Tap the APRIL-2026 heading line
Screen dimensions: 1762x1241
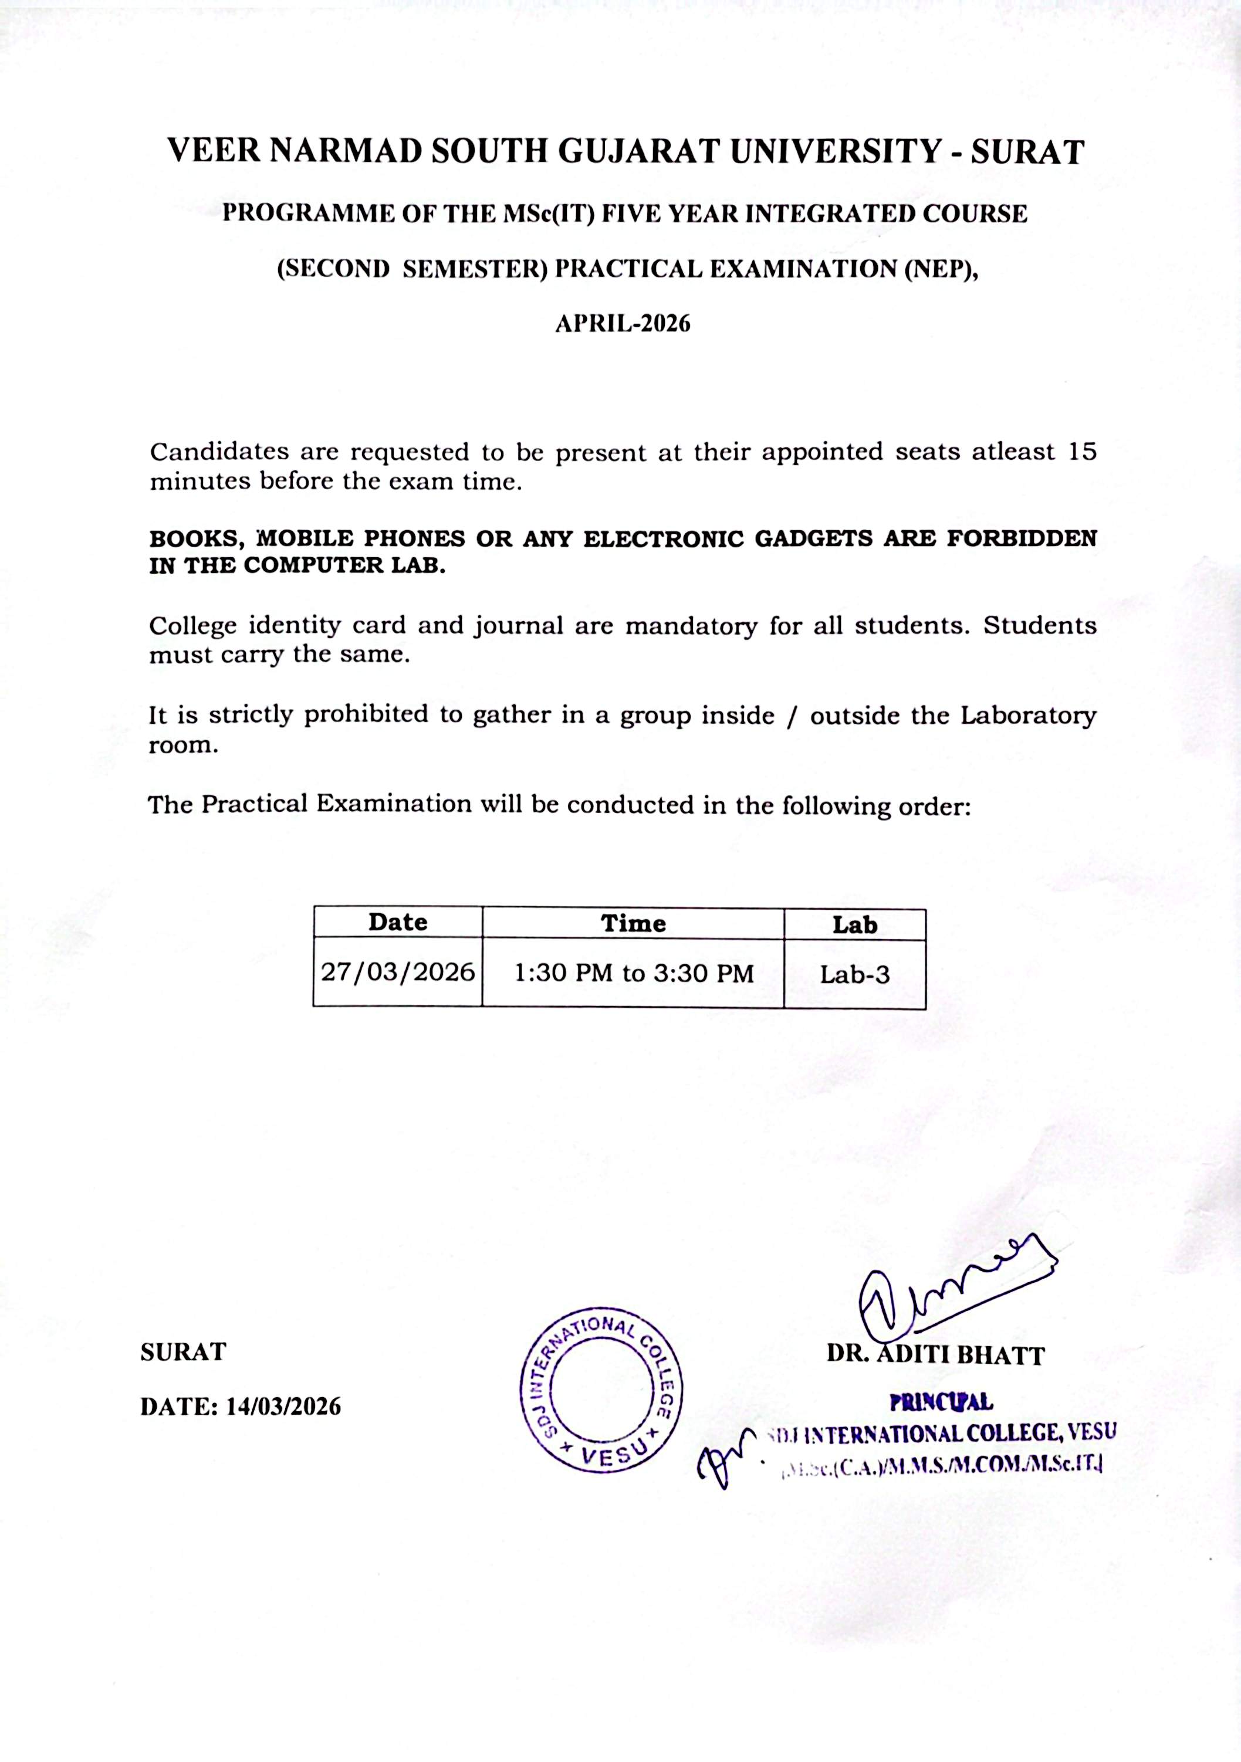point(623,323)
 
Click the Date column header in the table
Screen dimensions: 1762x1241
point(398,921)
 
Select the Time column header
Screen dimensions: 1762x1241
point(633,923)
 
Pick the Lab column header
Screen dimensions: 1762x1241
point(854,925)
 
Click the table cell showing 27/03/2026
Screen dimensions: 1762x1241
point(398,973)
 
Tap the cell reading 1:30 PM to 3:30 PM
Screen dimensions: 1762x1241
point(633,974)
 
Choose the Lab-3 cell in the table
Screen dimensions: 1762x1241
point(854,975)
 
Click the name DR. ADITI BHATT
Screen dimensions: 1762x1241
point(935,1354)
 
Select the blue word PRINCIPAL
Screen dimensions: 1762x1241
point(941,1402)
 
